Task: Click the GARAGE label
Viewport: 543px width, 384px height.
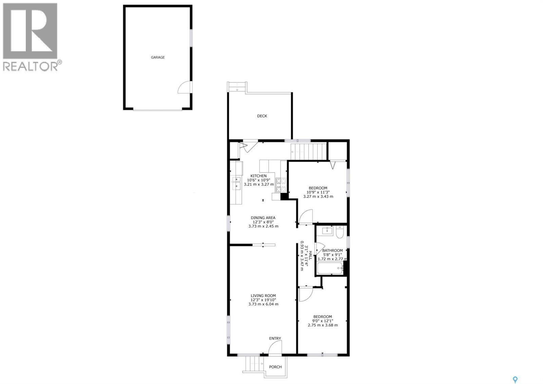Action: pos(158,57)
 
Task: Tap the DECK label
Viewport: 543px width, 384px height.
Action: pos(262,116)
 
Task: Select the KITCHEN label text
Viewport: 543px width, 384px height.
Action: pos(259,176)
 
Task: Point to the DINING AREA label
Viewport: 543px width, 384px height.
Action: pos(263,218)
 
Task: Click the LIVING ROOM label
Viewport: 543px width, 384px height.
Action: pos(263,296)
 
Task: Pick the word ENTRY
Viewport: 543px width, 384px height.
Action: pos(275,338)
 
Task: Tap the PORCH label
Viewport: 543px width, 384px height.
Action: pos(275,367)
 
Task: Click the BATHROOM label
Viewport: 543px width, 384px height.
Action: pos(332,251)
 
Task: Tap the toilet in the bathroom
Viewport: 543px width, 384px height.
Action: pos(340,232)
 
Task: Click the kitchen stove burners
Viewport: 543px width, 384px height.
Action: pos(281,185)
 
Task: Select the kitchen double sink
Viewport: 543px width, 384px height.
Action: pos(236,184)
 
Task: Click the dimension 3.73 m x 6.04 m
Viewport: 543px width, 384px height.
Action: pos(263,304)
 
